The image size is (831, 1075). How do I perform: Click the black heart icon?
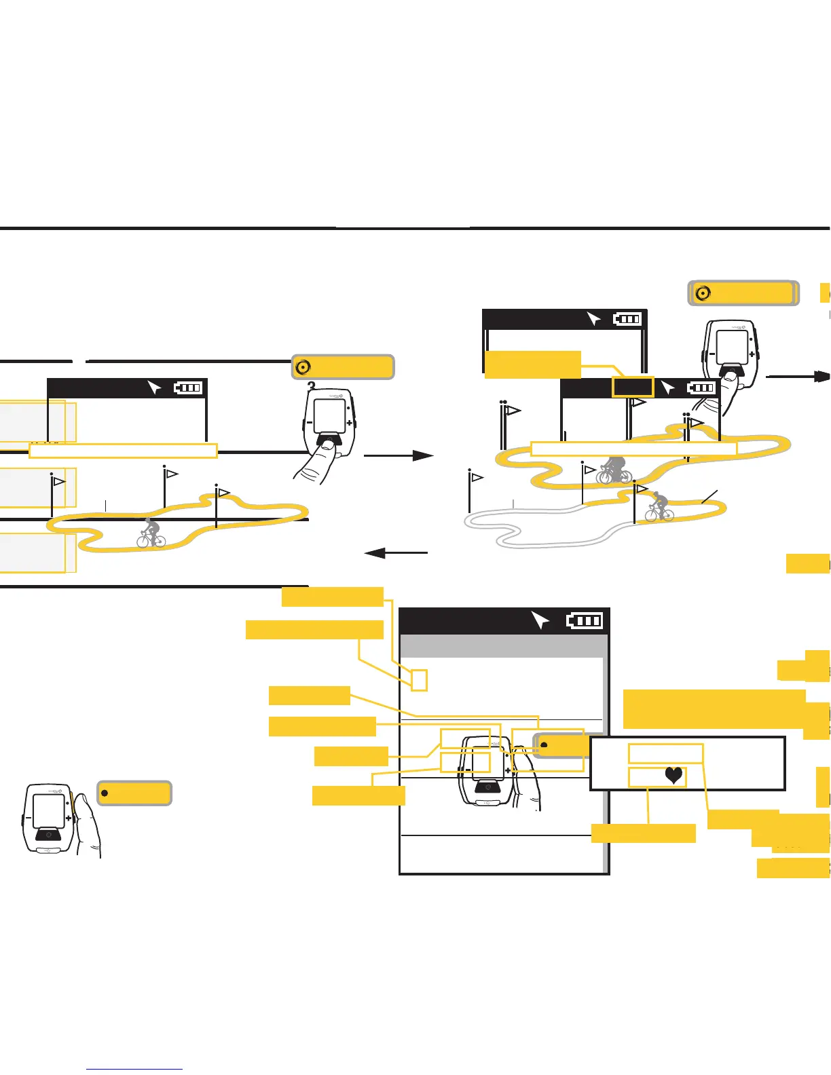[x=673, y=775]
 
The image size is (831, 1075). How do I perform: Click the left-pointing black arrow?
[x=396, y=553]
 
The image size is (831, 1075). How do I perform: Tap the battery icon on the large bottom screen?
[x=584, y=620]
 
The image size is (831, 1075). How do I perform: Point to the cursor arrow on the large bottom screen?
[x=540, y=620]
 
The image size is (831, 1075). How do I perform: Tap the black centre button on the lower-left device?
[x=48, y=834]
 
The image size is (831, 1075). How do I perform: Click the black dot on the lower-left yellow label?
[x=105, y=793]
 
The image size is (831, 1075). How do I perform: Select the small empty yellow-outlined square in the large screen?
[x=420, y=680]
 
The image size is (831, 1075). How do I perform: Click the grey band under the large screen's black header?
[x=502, y=646]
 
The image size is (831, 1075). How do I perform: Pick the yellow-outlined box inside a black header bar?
[x=633, y=387]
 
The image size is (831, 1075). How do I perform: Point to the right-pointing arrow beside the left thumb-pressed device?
[x=399, y=456]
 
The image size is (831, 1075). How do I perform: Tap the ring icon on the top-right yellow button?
[x=703, y=293]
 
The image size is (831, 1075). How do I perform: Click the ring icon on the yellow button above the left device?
[x=303, y=367]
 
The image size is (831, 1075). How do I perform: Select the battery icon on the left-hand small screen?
[x=188, y=388]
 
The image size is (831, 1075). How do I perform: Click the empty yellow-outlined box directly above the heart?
[x=665, y=753]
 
